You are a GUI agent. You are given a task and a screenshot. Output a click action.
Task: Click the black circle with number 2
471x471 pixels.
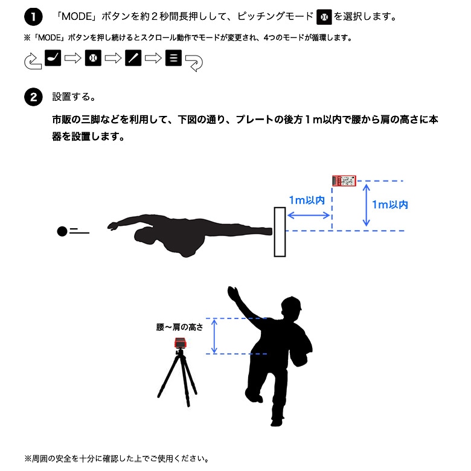pyautogui.click(x=33, y=97)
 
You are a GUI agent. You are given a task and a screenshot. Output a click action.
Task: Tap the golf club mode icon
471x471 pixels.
pyautogui.click(x=53, y=59)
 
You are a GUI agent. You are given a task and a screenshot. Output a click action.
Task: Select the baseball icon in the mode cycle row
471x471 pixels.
pyautogui.click(x=93, y=59)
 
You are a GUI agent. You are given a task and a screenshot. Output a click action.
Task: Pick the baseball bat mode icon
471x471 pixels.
pyautogui.click(x=133, y=59)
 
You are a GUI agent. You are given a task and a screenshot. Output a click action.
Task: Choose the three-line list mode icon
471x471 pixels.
pyautogui.click(x=173, y=59)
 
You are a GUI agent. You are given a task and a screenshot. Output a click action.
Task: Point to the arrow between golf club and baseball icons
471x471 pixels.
pyautogui.click(x=73, y=59)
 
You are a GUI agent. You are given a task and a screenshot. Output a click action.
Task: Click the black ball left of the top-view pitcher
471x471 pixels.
pyautogui.click(x=62, y=231)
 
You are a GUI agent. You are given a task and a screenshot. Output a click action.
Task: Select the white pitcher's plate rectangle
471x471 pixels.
pyautogui.click(x=280, y=232)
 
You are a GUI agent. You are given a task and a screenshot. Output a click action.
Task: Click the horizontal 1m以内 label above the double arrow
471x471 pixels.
pyautogui.click(x=307, y=200)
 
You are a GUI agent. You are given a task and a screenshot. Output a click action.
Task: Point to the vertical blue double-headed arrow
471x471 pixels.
pyautogui.click(x=366, y=205)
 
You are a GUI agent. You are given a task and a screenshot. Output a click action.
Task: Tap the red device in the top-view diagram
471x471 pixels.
pyautogui.click(x=344, y=180)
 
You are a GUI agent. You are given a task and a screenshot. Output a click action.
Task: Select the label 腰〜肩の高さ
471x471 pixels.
pyautogui.click(x=179, y=327)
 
